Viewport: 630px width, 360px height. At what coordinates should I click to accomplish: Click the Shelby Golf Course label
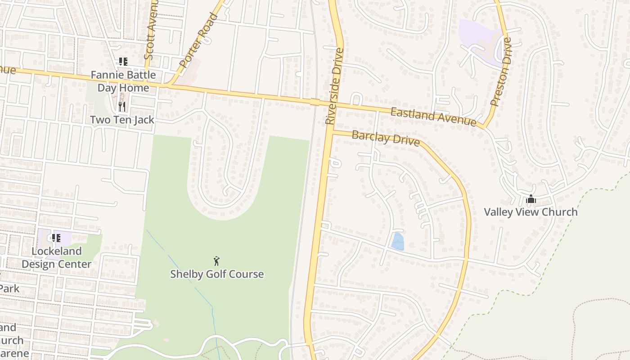point(216,274)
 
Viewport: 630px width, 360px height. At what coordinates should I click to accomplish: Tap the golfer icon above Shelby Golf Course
point(216,261)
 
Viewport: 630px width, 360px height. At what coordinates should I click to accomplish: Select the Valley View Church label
point(531,212)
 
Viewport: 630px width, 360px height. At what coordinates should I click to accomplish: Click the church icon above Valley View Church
point(531,199)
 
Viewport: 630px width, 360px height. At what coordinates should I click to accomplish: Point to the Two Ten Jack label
point(122,120)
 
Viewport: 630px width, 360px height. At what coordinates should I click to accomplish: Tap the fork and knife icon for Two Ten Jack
point(122,107)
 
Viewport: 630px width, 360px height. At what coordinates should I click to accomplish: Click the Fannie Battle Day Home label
point(123,81)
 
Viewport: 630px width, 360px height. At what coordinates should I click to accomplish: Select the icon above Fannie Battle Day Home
point(123,62)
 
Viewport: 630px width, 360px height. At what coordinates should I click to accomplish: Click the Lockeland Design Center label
point(57,257)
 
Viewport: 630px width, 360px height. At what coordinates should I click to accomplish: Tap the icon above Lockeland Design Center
point(56,238)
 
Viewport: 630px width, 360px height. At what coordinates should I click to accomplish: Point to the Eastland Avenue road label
point(433,117)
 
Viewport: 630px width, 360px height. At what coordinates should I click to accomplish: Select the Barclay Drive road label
point(386,138)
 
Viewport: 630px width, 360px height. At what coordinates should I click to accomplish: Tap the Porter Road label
point(198,40)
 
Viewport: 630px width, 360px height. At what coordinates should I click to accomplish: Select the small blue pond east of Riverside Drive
point(397,242)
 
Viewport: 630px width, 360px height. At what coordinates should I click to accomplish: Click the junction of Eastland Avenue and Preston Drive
point(484,127)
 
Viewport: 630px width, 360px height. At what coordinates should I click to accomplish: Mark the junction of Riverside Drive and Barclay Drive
point(331,132)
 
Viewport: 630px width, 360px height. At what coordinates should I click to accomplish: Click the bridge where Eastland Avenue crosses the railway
point(315,102)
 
